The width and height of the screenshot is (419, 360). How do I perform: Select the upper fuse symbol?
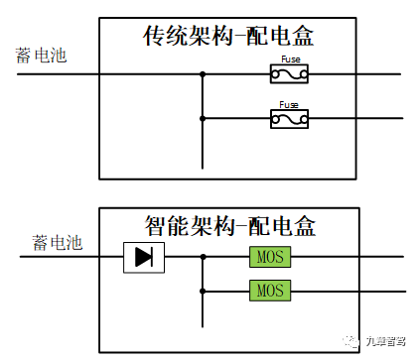289,73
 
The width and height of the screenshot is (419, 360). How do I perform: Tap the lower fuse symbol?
289,119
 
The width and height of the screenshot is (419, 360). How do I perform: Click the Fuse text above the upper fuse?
289,60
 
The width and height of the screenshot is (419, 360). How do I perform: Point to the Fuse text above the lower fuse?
289,104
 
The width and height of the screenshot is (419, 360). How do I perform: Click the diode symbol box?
144,257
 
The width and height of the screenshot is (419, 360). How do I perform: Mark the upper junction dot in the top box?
203,73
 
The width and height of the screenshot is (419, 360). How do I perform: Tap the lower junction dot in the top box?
203,119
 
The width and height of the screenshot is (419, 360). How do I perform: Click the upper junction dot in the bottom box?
203,257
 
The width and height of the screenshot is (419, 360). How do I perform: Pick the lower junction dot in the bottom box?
203,291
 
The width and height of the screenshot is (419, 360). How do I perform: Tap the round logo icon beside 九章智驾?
354,340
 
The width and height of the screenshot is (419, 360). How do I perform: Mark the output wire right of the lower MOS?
348,291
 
